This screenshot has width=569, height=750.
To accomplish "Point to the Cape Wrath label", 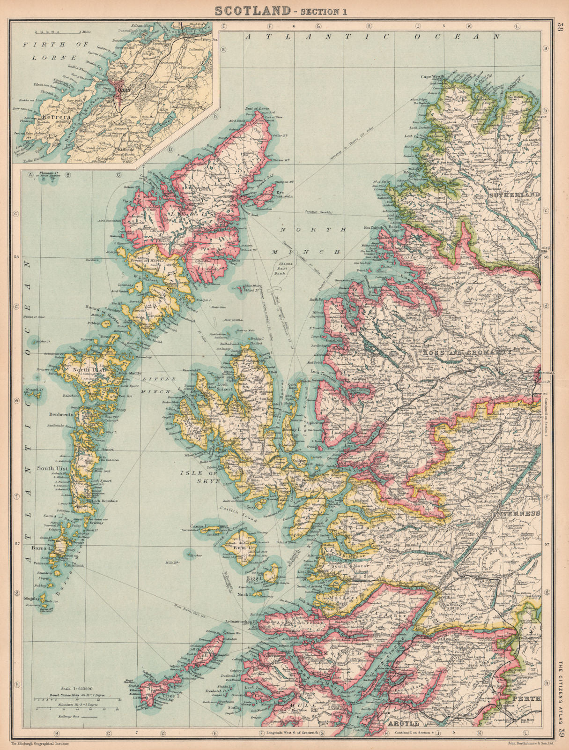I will point(431,77).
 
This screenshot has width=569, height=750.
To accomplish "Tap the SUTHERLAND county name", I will point(514,194).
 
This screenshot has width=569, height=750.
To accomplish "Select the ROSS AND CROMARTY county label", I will point(473,351).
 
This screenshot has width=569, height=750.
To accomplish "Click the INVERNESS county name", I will point(516,514).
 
